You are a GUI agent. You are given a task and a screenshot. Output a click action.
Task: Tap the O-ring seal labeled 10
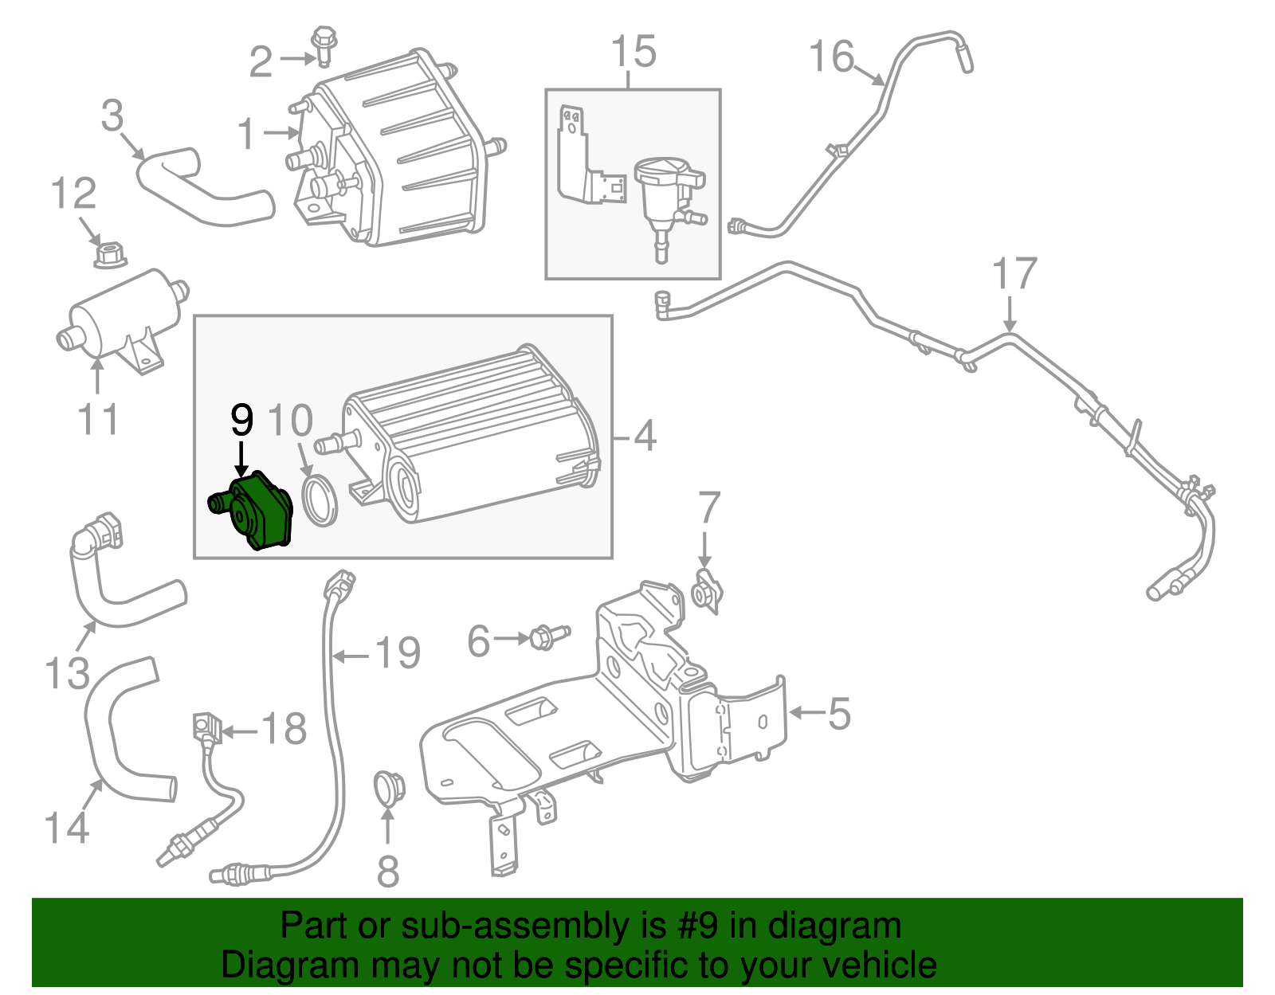click(320, 499)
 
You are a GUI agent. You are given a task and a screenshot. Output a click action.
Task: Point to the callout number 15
click(634, 52)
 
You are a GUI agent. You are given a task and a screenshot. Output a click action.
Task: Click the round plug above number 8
click(389, 788)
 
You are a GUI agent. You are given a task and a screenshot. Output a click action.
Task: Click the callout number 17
click(1014, 275)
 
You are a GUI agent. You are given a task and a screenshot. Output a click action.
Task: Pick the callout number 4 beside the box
click(644, 437)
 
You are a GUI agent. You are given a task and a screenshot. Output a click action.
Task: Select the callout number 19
click(398, 654)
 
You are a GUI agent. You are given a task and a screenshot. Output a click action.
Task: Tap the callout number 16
click(830, 57)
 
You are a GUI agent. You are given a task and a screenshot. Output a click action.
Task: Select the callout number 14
click(66, 828)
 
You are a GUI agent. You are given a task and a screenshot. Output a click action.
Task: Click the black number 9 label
click(241, 420)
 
